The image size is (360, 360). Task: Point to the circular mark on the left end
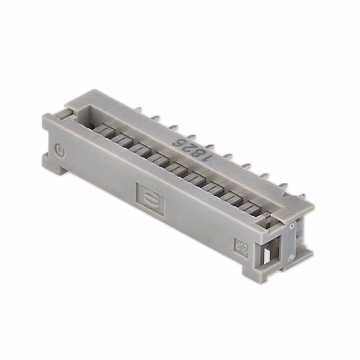[x=60, y=150]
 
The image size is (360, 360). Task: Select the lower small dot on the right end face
[x=290, y=256]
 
